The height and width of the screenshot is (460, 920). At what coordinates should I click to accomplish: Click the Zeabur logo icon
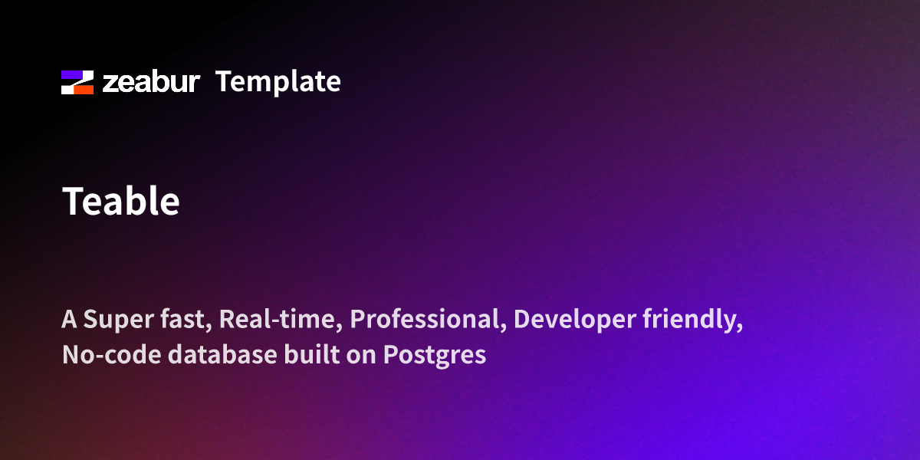[77, 82]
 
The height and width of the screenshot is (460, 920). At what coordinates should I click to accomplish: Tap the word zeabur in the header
[151, 82]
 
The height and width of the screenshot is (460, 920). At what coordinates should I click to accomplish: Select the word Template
[278, 81]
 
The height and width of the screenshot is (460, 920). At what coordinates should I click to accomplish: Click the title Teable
[121, 202]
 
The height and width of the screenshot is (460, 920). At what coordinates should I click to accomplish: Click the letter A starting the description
[69, 320]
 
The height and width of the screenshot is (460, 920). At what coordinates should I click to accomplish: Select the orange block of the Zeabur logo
[84, 89]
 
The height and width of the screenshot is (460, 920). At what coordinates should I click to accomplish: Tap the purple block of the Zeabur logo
[71, 75]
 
